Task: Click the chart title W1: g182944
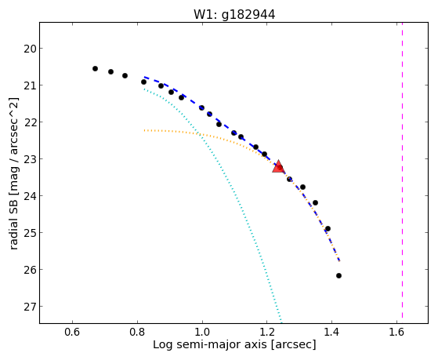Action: point(234,14)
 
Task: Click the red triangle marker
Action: point(278,167)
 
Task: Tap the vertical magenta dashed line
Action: point(402,170)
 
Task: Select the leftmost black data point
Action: point(95,68)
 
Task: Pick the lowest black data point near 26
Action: point(338,276)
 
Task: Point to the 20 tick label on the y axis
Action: point(29,49)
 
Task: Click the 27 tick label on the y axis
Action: point(29,307)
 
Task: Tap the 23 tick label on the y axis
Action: point(29,159)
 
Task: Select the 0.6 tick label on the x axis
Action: point(72,332)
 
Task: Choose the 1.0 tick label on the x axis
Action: point(202,332)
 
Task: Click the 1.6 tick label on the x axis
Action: point(396,332)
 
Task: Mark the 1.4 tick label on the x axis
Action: point(331,332)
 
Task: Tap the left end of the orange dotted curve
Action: point(144,130)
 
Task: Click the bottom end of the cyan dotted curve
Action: point(281,322)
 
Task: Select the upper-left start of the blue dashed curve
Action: point(145,77)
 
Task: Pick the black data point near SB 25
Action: point(328,229)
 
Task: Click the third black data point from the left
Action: point(125,75)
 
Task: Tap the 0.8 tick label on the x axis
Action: point(137,332)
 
